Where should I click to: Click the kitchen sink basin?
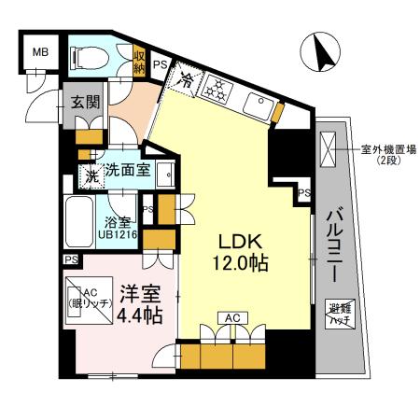click(257, 104)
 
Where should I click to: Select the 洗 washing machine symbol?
click(92, 173)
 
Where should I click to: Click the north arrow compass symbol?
click(324, 52)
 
